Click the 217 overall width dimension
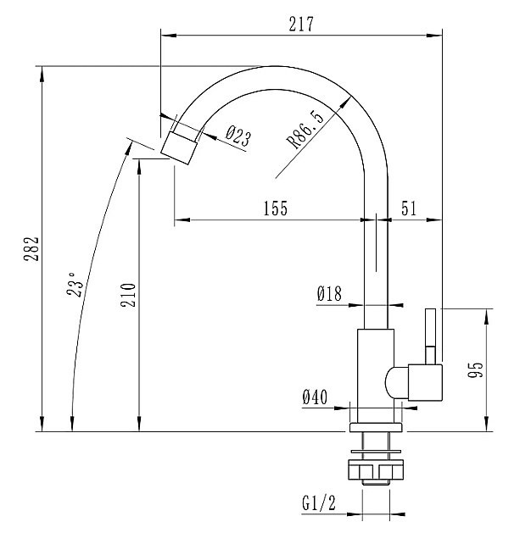[x=301, y=24]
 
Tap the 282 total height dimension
[x=31, y=249]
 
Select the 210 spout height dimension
[x=128, y=295]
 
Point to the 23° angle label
[x=75, y=285]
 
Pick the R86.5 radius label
[x=305, y=130]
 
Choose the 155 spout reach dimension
[x=276, y=208]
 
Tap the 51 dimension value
[x=408, y=208]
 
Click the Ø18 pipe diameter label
[x=329, y=293]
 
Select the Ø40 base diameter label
[x=315, y=397]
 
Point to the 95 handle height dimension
[x=475, y=369]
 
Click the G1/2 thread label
[x=319, y=503]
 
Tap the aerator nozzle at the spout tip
[x=179, y=147]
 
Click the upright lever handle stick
[x=431, y=336]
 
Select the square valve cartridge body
[x=425, y=383]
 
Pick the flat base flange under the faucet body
[x=376, y=427]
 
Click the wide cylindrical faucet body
[x=376, y=375]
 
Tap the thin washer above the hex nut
[x=376, y=452]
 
